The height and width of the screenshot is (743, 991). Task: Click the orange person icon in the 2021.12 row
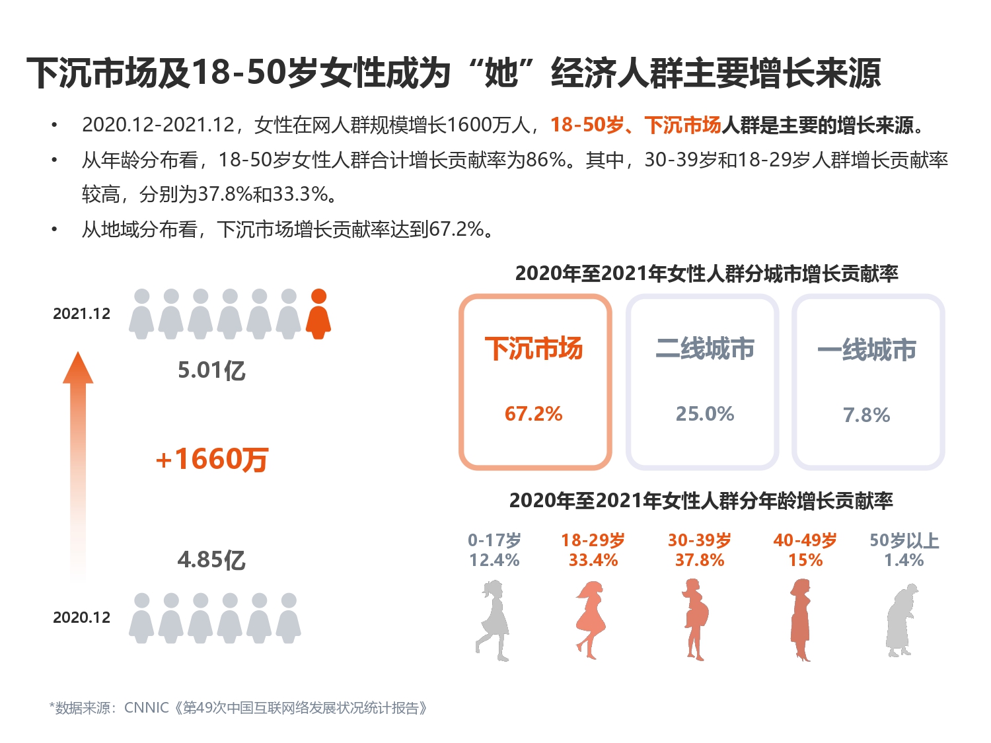(x=318, y=314)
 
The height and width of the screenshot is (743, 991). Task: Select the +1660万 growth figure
(x=211, y=459)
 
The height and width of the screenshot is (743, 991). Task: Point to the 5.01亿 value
(x=211, y=371)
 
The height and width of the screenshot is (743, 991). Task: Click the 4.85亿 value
(x=211, y=560)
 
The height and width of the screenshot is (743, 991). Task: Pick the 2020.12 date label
(x=81, y=618)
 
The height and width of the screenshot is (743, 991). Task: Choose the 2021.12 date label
(x=81, y=314)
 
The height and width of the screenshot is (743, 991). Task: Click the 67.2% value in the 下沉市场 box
(x=533, y=414)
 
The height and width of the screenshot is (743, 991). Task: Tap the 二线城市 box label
(x=704, y=349)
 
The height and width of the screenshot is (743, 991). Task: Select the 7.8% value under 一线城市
(x=866, y=415)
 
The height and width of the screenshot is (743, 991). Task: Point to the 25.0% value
(x=704, y=414)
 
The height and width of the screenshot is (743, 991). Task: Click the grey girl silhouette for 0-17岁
(x=493, y=619)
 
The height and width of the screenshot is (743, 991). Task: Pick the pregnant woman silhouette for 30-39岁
(x=694, y=619)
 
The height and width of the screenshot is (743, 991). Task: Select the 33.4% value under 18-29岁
(x=593, y=561)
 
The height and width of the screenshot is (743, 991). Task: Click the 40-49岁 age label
(x=805, y=540)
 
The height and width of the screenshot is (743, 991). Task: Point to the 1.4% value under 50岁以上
(x=904, y=561)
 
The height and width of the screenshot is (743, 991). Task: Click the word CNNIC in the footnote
(x=146, y=708)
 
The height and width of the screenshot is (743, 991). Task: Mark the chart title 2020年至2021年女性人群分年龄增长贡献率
(x=700, y=501)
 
